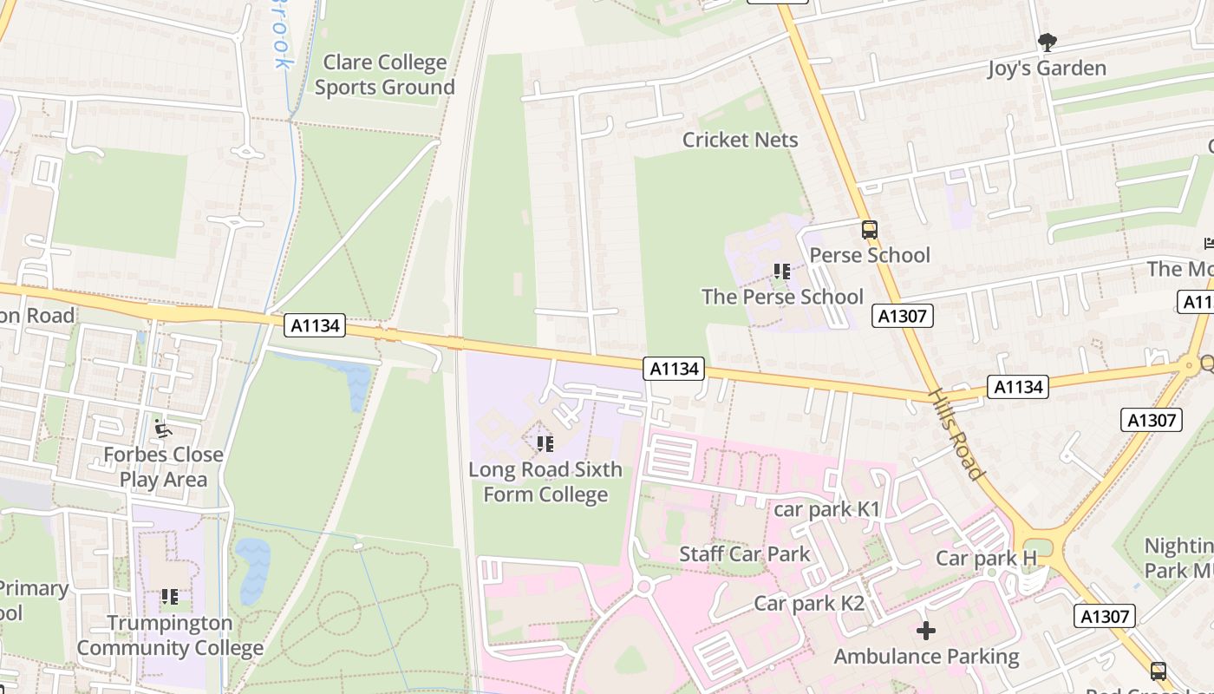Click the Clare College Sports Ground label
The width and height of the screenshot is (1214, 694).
[x=384, y=75]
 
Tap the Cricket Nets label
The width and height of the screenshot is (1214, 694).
[x=740, y=140]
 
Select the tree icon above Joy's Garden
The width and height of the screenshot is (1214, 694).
[x=1047, y=42]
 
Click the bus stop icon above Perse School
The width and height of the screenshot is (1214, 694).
[x=869, y=230]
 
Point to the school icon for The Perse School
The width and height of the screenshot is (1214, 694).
[x=782, y=272]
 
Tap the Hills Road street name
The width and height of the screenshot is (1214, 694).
[x=957, y=434]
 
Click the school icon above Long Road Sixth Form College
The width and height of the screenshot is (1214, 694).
[x=545, y=444]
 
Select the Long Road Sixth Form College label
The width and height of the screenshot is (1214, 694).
[x=545, y=482]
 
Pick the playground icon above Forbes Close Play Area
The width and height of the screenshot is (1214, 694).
[x=162, y=429]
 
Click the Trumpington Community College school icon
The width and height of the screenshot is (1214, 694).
[x=170, y=597]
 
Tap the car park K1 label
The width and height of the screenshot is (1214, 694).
[x=826, y=509]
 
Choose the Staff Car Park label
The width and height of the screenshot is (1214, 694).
[x=744, y=554]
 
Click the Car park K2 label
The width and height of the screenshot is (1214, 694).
[x=809, y=604]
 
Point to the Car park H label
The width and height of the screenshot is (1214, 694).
[x=986, y=558]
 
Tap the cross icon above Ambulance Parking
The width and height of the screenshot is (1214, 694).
[x=926, y=630]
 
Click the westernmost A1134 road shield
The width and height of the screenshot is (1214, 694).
[x=316, y=326]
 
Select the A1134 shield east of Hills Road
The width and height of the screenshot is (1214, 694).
[x=1018, y=387]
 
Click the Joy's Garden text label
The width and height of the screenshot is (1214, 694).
[x=1047, y=69]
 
